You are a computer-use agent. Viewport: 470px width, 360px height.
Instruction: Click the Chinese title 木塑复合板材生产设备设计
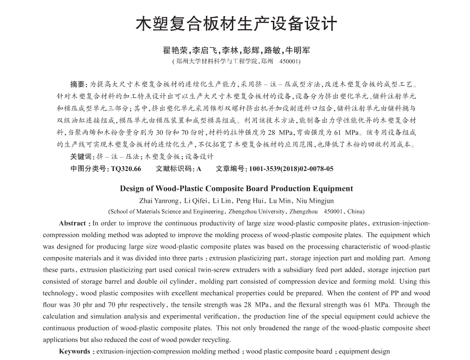pyautogui.click(x=236, y=24)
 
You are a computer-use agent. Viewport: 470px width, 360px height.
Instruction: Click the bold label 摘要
pyautogui.click(x=78, y=85)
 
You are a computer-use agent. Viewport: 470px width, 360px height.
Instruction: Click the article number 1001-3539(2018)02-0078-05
pyautogui.click(x=291, y=169)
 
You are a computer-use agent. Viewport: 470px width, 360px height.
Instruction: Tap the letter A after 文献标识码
pyautogui.click(x=199, y=169)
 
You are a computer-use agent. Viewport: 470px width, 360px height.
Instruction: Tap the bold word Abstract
pyautogui.click(x=73, y=223)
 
